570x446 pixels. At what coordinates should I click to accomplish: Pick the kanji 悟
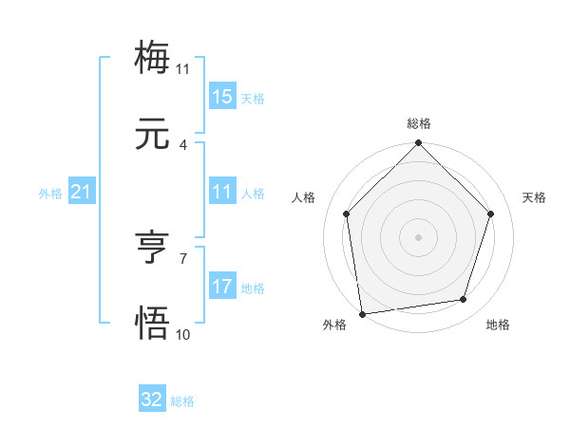(x=153, y=323)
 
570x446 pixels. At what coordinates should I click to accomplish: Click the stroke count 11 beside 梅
(x=183, y=68)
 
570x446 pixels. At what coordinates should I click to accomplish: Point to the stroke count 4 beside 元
(x=183, y=144)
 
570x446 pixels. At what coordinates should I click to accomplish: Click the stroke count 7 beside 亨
(x=183, y=258)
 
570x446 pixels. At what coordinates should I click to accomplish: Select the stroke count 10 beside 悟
(x=183, y=334)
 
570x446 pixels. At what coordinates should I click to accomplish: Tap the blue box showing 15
(x=222, y=96)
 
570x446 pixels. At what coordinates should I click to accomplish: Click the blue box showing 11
(x=222, y=192)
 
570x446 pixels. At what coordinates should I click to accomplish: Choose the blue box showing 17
(x=222, y=287)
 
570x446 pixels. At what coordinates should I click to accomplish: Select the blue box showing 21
(x=82, y=192)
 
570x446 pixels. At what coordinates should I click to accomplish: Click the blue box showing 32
(x=152, y=400)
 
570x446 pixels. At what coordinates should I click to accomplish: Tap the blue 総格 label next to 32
(x=182, y=401)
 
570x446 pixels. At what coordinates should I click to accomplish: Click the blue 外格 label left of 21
(x=50, y=194)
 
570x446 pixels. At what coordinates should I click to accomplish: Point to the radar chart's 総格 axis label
(x=419, y=123)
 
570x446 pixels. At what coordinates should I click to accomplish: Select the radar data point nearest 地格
(x=464, y=300)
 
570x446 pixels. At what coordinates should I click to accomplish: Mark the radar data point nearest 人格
(x=347, y=214)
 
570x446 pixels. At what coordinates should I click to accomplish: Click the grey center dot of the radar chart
(x=419, y=236)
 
